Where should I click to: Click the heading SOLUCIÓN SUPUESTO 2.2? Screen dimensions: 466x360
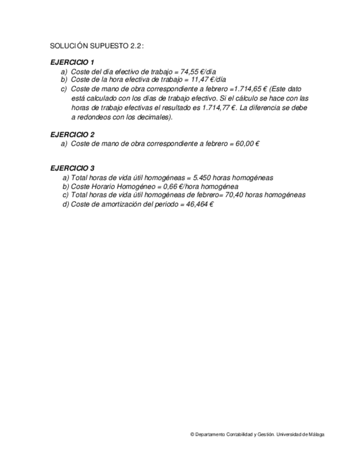tap(97, 46)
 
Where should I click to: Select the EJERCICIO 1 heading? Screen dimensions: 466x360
tap(73, 62)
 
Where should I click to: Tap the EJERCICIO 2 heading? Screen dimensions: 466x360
tap(73, 134)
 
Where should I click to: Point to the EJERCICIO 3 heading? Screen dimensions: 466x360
tap(73, 168)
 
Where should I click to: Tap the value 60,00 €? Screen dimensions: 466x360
tap(247, 143)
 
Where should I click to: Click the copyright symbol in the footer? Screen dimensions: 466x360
tap(192, 434)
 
